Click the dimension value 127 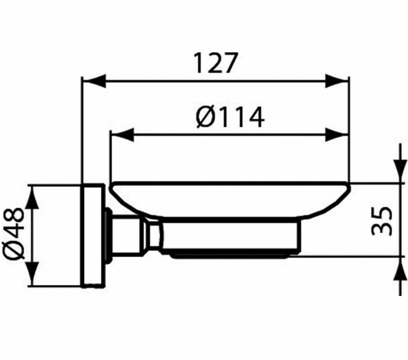216,63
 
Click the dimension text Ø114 231,118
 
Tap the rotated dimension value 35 381,221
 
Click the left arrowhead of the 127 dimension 94,81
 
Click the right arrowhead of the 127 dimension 337,81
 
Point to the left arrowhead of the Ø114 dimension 122,135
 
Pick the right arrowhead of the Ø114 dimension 337,135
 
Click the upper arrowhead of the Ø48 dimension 33,197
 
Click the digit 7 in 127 229,63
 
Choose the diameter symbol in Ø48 14,250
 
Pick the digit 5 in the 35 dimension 381,214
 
